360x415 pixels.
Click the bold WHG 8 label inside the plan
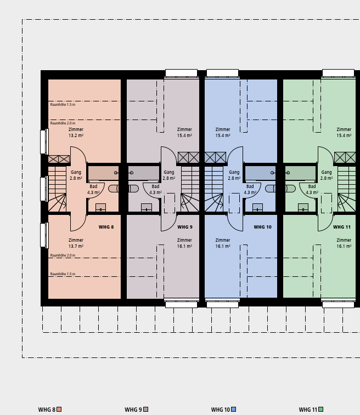106,227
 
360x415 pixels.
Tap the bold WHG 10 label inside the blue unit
262,227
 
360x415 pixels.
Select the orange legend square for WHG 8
59,409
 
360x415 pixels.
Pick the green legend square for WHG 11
320,409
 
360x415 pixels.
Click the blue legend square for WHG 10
233,409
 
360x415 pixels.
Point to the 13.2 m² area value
76,135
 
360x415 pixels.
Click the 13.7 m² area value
76,246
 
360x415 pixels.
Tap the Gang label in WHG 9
168,172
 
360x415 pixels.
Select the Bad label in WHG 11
312,186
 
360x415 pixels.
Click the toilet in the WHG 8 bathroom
114,189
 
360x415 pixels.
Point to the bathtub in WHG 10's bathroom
261,173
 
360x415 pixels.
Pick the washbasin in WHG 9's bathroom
147,207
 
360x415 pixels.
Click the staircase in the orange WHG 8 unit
57,189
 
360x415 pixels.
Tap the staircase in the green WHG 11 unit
346,189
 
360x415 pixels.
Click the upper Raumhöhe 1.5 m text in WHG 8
63,105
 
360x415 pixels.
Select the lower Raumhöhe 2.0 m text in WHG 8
63,255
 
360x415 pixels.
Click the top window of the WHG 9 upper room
182,73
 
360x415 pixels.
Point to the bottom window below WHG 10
222,304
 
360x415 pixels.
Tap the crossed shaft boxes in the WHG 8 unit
59,159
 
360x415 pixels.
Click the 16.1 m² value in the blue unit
223,246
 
